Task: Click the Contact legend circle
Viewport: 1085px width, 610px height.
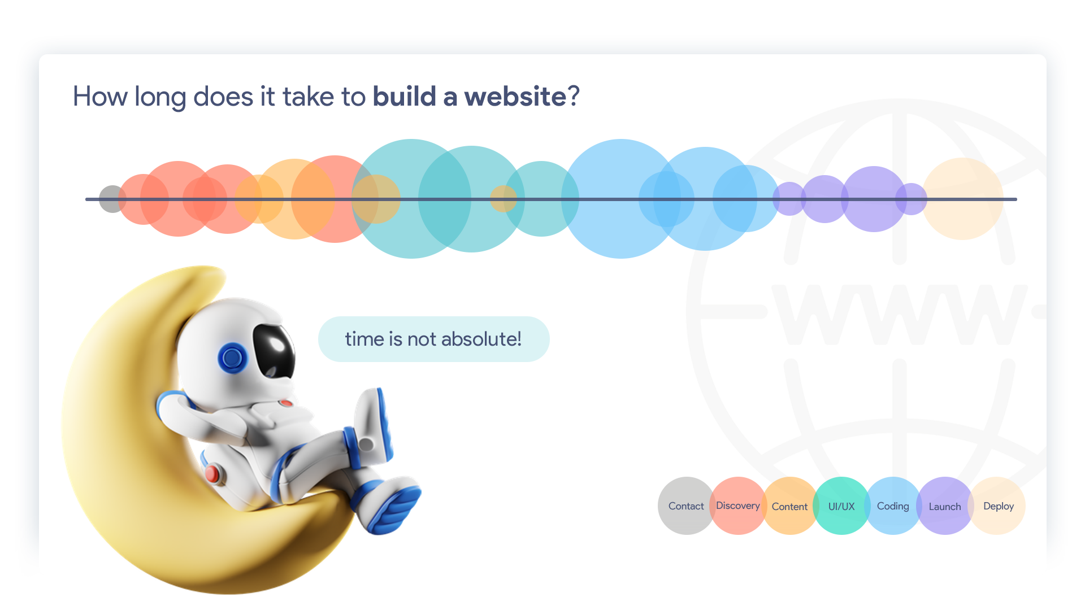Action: pos(686,506)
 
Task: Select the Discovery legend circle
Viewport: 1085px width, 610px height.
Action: pos(737,506)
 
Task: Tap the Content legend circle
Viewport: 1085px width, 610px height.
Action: pos(789,506)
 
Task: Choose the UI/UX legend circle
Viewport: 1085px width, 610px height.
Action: pos(841,506)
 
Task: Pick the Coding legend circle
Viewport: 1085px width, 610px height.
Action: pos(893,506)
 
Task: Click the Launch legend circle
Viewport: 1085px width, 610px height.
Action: pos(945,506)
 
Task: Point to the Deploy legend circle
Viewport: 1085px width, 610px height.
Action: pos(998,506)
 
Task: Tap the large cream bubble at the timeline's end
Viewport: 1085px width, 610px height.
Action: pos(963,199)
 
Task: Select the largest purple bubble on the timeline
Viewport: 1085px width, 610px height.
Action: pos(874,199)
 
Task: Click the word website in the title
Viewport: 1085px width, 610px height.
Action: pos(515,97)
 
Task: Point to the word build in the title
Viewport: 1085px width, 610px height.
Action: pos(404,97)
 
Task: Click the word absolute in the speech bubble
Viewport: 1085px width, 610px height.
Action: pos(481,339)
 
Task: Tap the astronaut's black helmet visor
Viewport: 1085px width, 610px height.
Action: pos(274,348)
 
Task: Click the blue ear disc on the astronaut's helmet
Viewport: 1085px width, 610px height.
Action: pos(232,357)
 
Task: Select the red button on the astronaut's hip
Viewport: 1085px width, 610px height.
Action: pos(212,473)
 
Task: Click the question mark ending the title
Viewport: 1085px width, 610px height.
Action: pos(574,97)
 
